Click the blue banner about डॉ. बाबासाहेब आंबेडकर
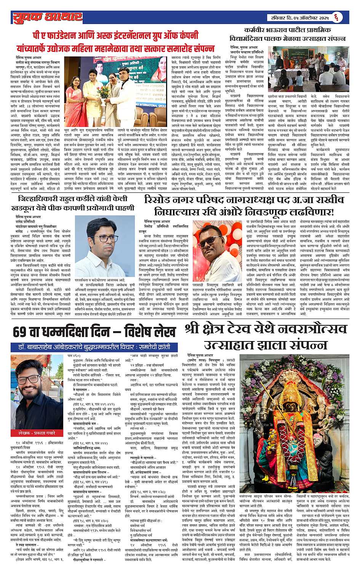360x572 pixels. coord(94,347)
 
